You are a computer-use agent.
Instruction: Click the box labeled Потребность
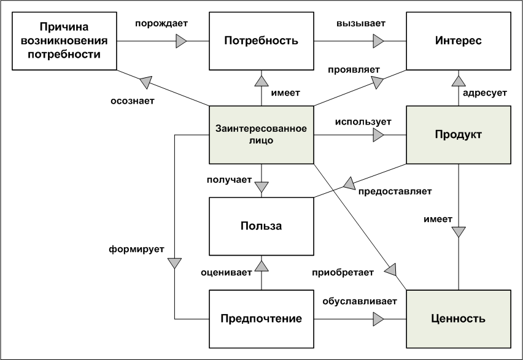(261, 42)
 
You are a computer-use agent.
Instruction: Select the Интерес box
(458, 42)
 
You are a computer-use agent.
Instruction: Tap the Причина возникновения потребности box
(64, 42)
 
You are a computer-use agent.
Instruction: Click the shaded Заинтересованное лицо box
(261, 134)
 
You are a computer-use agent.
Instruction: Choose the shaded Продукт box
(458, 134)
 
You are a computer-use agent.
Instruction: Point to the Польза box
(261, 226)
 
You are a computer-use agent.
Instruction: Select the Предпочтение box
(261, 319)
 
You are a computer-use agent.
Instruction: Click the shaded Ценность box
(458, 319)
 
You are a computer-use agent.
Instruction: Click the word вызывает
(361, 23)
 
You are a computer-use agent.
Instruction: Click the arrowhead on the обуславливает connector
(378, 319)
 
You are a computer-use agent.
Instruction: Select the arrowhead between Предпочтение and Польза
(261, 265)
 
